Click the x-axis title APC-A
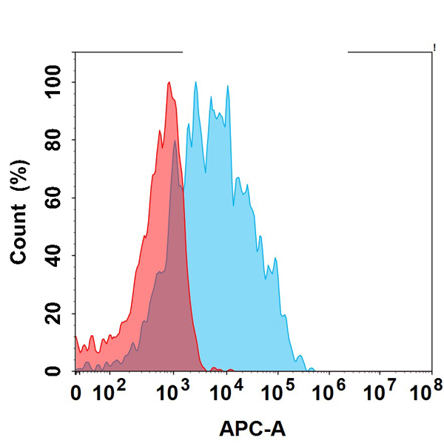pos(252,428)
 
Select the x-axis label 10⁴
pos(224,388)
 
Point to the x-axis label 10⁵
pos(277,388)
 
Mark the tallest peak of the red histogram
pos(169,82)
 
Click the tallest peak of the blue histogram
pos(195,82)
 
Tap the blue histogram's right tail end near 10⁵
pos(310,368)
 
